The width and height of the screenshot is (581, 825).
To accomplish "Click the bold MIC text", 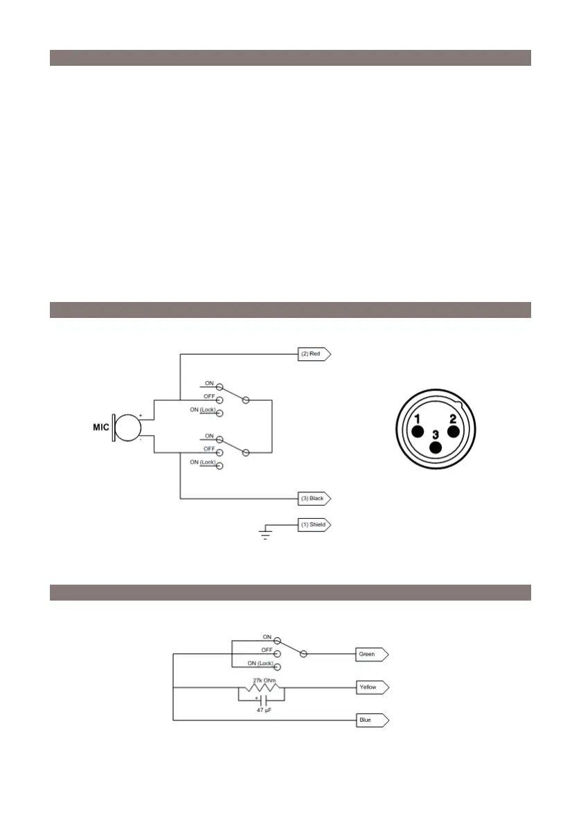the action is (102, 427).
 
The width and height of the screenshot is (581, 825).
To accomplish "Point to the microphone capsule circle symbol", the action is (128, 427).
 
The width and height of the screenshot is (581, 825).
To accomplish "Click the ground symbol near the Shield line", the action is (265, 533).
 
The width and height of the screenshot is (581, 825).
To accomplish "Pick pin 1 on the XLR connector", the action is (418, 430).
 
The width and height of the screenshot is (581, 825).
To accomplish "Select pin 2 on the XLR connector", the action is (453, 430).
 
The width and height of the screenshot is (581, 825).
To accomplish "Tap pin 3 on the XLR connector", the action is (436, 445).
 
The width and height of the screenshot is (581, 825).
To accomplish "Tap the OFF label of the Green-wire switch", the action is (267, 650).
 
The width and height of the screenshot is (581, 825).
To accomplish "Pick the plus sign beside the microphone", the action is (141, 416).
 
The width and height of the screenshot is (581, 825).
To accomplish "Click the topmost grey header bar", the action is (290, 57).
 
